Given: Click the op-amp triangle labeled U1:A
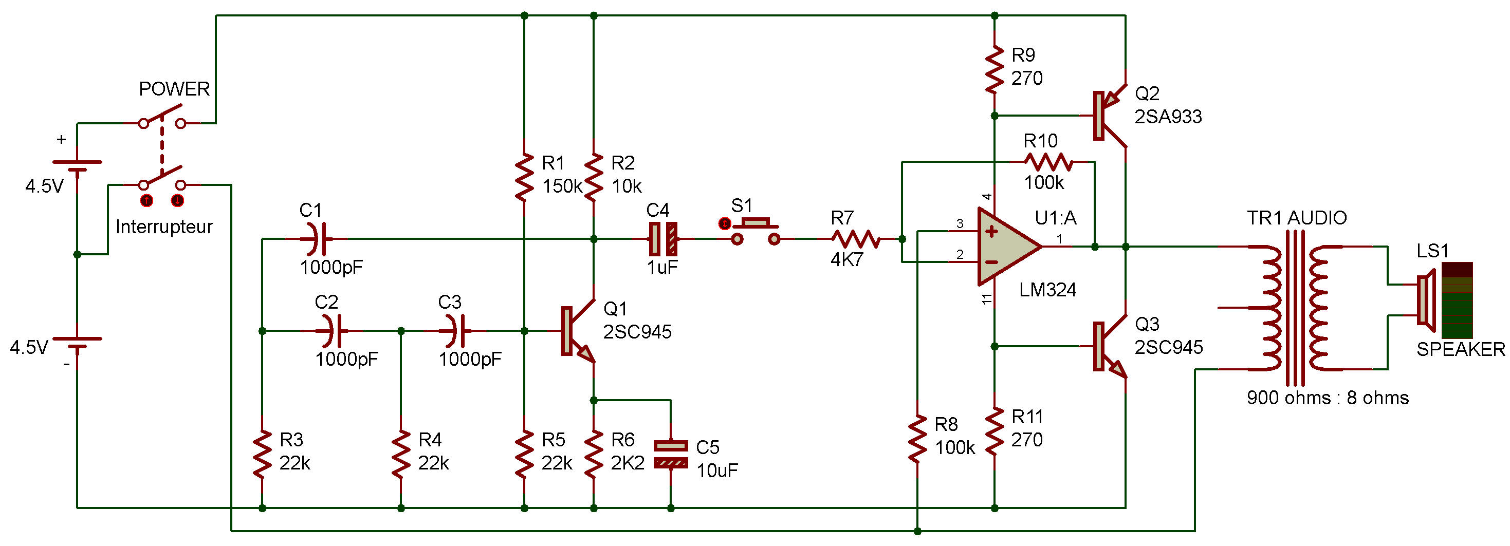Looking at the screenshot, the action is (1008, 247).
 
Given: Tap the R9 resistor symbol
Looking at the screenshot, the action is (994, 69).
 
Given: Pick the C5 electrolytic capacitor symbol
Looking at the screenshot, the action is (671, 454).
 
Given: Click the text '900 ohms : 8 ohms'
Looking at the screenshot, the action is (1327, 398).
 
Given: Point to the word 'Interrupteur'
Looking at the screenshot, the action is (163, 227).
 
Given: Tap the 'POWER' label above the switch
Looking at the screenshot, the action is (174, 89).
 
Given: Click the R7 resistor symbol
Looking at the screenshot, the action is (856, 238).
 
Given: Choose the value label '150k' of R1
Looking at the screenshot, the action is (562, 186).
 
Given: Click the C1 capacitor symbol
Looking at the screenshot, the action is (317, 238).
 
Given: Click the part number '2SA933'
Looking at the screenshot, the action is (1168, 117).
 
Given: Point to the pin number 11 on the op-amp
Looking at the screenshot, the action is (987, 299).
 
